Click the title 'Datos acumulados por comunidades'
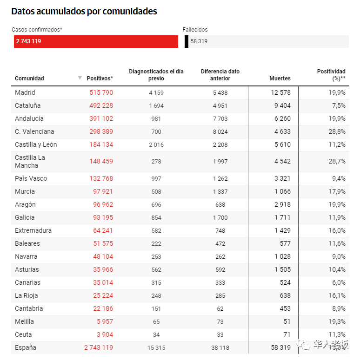click(84, 12)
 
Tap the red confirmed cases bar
click(96, 41)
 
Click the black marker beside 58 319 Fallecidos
click(187, 41)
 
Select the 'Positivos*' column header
click(100, 79)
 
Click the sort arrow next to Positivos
click(80, 78)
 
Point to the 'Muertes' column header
click(280, 79)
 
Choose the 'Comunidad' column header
click(29, 79)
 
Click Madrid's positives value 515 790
click(101, 92)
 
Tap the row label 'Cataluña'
click(27, 105)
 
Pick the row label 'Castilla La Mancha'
click(30, 161)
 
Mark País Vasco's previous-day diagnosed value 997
click(156, 178)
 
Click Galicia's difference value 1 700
click(220, 217)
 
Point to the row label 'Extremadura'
click(33, 230)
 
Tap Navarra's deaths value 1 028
click(281, 256)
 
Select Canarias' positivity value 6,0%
click(338, 282)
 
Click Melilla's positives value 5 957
click(105, 321)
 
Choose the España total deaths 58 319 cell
click(280, 347)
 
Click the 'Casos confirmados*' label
click(37, 30)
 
